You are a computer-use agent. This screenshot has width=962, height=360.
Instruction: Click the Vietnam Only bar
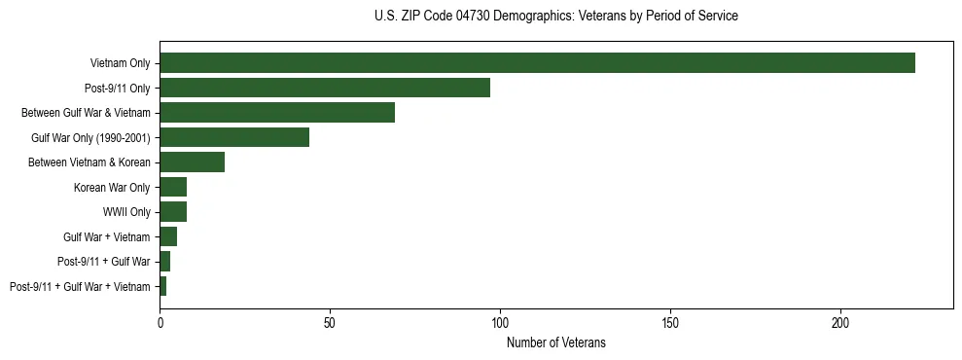(x=537, y=63)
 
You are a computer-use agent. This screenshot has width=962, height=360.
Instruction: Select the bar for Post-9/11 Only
(x=325, y=88)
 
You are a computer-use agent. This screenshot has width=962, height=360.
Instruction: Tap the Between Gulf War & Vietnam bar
(x=277, y=113)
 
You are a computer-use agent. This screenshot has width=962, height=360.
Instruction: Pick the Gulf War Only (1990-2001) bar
(x=234, y=137)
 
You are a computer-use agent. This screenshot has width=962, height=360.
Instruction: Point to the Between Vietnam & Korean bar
(x=192, y=162)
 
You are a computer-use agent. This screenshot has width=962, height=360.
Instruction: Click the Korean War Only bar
(x=173, y=187)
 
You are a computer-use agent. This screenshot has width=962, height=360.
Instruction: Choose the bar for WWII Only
(x=173, y=212)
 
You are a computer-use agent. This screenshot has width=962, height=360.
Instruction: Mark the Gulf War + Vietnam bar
(x=168, y=236)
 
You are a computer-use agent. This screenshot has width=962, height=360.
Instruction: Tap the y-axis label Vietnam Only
(x=120, y=63)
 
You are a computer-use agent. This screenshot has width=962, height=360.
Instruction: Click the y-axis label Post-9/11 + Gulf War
(x=104, y=262)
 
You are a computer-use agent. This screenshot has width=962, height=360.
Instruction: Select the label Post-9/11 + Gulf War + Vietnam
(x=80, y=286)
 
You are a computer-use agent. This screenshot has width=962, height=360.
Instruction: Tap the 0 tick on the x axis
(x=160, y=320)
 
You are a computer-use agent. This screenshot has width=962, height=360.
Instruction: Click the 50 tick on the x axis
(x=330, y=320)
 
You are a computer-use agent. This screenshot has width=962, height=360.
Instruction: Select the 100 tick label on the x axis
(x=500, y=320)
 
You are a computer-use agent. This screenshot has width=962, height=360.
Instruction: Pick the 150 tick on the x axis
(x=670, y=320)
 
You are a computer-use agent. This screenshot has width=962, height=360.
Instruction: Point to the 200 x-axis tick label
(x=840, y=320)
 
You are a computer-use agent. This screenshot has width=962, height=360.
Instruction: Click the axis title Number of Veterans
(x=556, y=342)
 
